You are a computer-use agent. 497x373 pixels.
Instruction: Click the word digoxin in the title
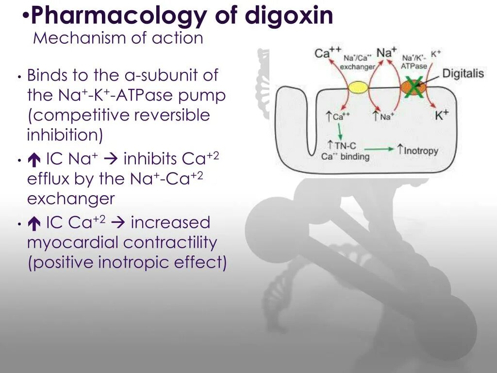[289, 16]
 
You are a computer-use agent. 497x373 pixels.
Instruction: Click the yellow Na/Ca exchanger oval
[358, 87]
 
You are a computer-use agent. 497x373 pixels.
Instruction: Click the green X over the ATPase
[414, 87]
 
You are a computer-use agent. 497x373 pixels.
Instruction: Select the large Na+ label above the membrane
[387, 52]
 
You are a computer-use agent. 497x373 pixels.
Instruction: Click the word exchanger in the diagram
[358, 67]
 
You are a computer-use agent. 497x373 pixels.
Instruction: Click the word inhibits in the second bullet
[150, 159]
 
